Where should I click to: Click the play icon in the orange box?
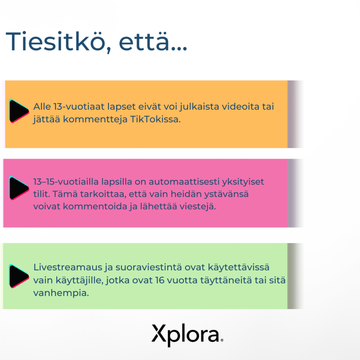pos(19,111)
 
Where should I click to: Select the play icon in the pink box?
pos(19,188)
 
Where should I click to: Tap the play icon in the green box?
pos(19,276)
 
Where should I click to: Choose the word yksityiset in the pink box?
pos(244,182)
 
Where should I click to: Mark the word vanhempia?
pos(60,293)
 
